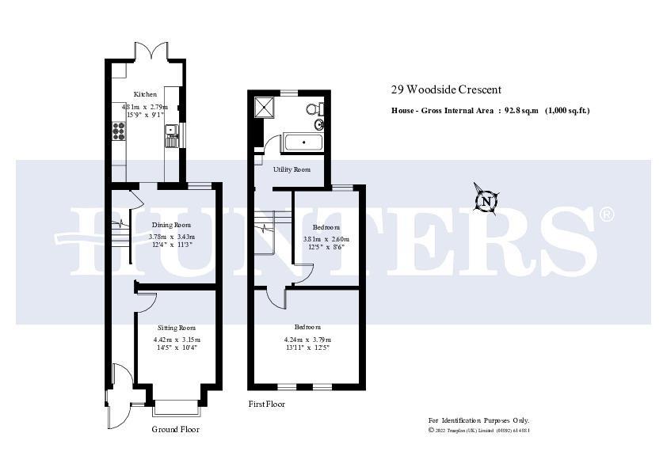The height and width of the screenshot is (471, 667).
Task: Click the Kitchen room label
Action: tap(145, 93)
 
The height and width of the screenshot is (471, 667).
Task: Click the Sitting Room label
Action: tap(176, 327)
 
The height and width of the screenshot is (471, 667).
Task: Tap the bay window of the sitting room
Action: tap(175, 408)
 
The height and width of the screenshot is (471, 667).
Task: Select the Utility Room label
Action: tap(292, 169)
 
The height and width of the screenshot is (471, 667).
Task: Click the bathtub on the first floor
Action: tap(303, 143)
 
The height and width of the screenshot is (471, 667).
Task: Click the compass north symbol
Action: tap(486, 201)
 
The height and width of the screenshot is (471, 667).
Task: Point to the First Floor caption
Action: tap(266, 404)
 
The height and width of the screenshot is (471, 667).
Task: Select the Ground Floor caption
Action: tap(175, 429)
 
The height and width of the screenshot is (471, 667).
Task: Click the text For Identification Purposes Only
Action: tap(478, 420)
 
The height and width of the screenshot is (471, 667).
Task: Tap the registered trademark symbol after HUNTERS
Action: tap(606, 215)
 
